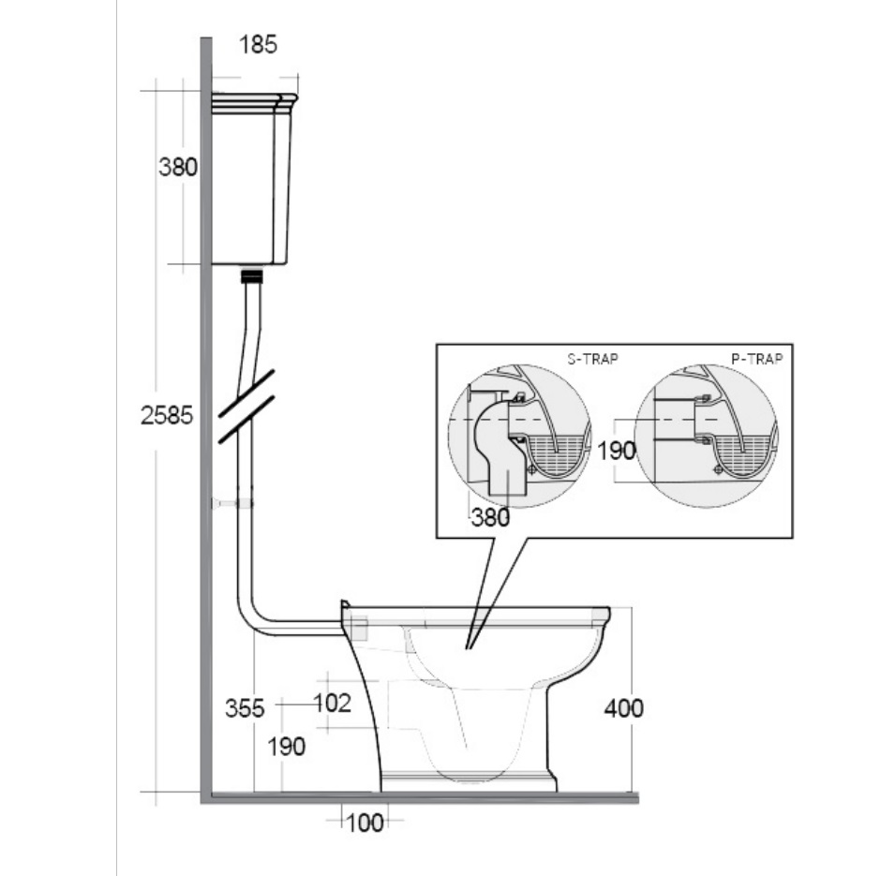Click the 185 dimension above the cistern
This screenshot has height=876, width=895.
(x=258, y=45)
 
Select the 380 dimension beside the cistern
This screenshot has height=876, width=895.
(x=177, y=167)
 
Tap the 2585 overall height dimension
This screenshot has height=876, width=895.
(x=167, y=415)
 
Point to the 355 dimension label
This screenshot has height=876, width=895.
(x=245, y=708)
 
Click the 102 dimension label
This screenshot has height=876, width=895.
(x=332, y=703)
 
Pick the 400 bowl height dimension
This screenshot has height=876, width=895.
(x=624, y=708)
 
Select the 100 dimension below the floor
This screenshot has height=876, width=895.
(x=365, y=823)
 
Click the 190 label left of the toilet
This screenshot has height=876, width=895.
(x=287, y=747)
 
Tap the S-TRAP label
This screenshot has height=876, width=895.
(x=592, y=359)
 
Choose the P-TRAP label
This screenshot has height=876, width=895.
(x=757, y=359)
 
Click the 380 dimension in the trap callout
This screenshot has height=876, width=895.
(x=491, y=517)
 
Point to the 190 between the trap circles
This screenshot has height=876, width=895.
(x=617, y=451)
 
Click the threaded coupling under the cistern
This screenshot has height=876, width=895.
(x=253, y=276)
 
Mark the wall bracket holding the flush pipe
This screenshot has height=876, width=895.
(x=232, y=503)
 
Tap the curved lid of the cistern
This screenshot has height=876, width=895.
(x=255, y=100)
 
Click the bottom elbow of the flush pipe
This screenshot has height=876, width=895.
(x=251, y=619)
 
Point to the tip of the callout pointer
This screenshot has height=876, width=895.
(x=468, y=649)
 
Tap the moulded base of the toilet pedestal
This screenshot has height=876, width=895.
(x=469, y=780)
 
